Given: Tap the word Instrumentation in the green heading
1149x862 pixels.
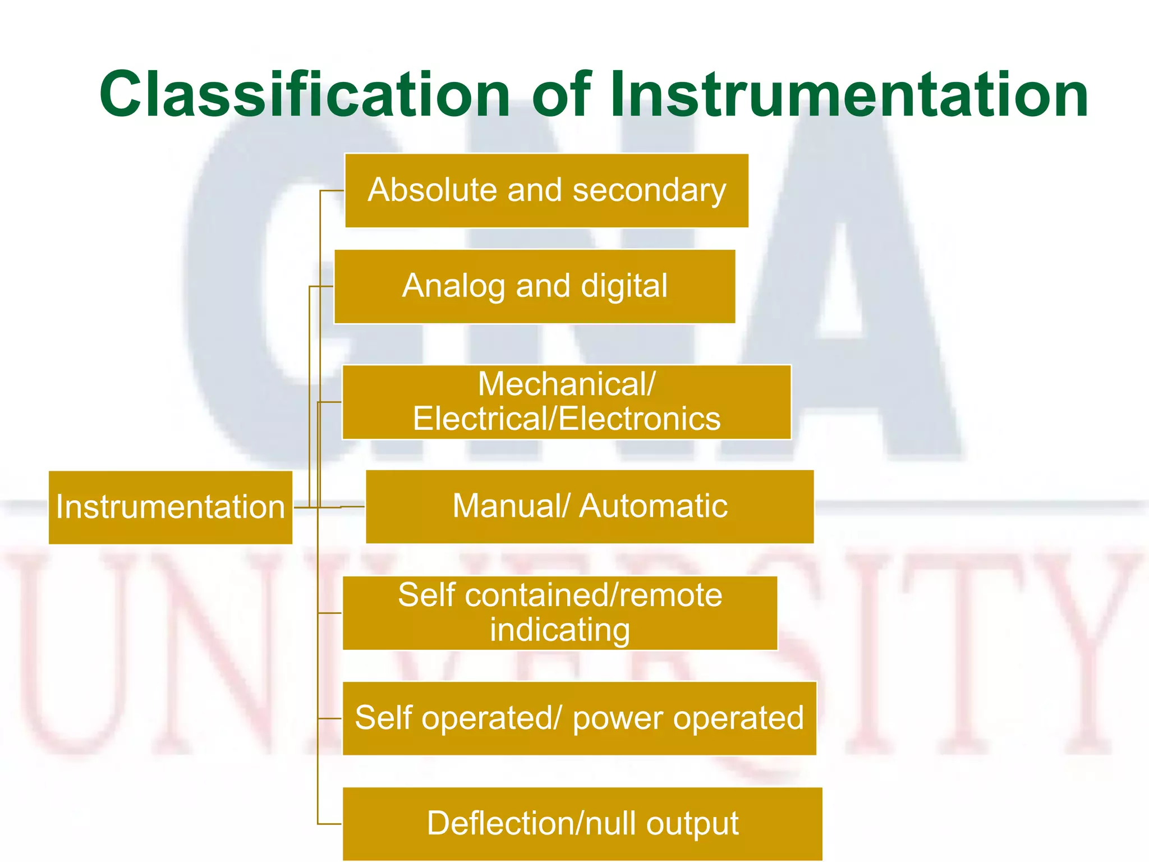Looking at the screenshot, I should (x=849, y=94).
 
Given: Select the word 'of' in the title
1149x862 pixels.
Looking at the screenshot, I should (x=561, y=94).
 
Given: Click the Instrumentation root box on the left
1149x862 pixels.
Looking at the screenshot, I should (x=170, y=507).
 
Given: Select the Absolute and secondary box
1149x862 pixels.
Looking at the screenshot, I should (x=546, y=191).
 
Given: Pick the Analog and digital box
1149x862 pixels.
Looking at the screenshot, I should (x=534, y=287).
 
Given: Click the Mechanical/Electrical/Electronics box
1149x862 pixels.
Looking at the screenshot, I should (x=566, y=402).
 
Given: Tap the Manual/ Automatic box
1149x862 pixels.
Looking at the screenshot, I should (x=589, y=507).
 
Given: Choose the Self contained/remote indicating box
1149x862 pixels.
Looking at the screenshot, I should (x=559, y=613).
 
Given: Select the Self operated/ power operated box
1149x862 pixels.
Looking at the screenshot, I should (x=579, y=718).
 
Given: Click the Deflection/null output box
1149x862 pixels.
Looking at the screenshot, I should (x=582, y=824).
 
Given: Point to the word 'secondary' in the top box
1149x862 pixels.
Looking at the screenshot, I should (x=649, y=191).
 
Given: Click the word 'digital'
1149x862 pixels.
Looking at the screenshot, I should (x=624, y=287).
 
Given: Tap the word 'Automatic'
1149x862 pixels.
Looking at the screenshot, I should (x=653, y=506).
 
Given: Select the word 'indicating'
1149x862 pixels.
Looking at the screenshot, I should (x=559, y=630).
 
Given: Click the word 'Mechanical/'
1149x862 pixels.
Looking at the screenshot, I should (x=566, y=384).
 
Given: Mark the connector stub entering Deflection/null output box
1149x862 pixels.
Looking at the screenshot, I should (x=330, y=824).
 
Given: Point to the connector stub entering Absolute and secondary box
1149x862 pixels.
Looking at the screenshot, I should (x=332, y=191).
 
